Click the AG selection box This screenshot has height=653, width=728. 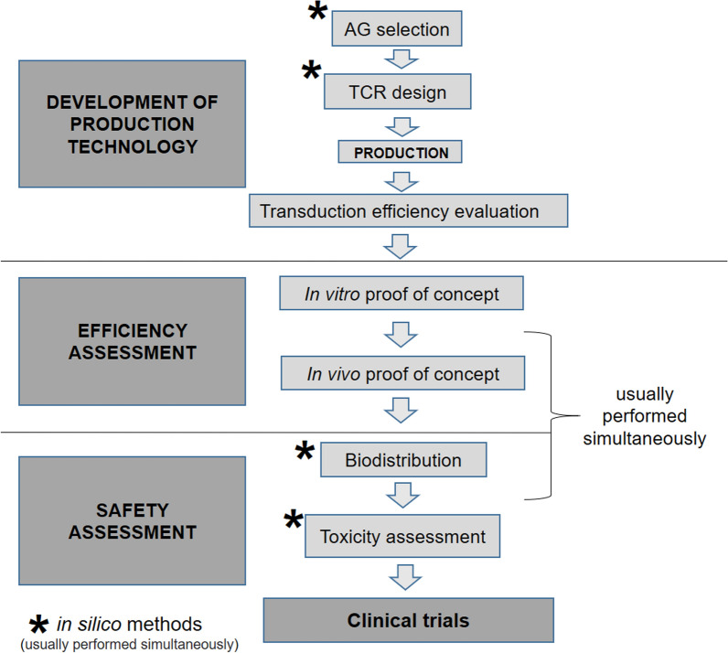(397, 29)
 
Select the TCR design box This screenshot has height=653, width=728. (397, 91)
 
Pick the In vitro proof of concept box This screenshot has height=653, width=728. (401, 294)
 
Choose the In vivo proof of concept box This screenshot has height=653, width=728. (401, 374)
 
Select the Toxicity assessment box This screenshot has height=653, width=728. (403, 536)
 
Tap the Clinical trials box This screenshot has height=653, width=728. (408, 621)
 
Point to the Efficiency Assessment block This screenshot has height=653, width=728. (134, 341)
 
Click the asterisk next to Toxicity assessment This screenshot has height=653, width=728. (294, 522)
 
